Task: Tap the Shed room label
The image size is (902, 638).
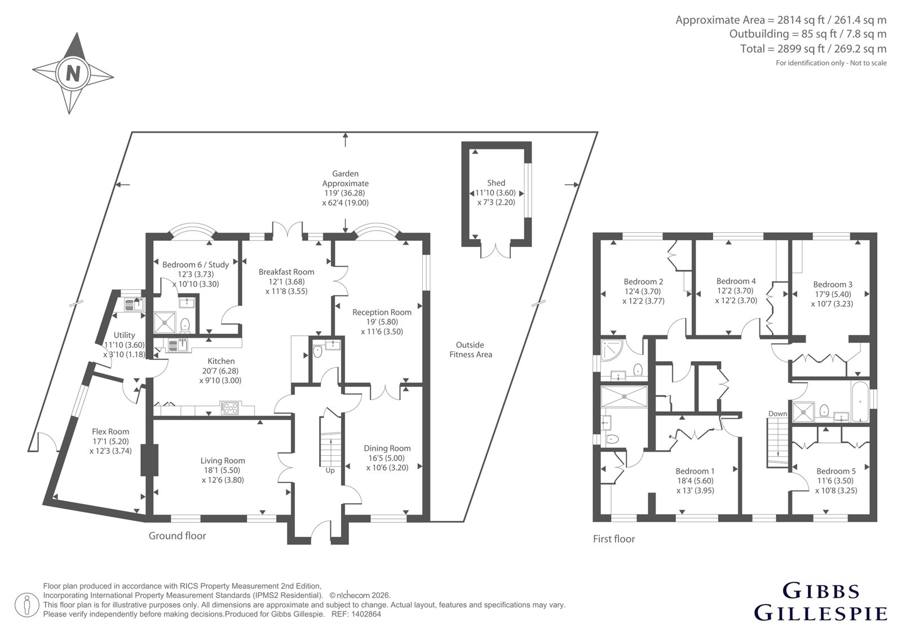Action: click(x=496, y=183)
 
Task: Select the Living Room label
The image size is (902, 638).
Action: click(x=223, y=460)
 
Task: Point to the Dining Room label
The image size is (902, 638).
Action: click(x=387, y=448)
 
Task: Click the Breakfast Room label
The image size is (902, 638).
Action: click(x=286, y=272)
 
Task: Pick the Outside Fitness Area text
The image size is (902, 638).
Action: click(x=470, y=349)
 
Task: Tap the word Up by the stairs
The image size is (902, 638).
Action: click(x=330, y=470)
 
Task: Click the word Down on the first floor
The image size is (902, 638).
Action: click(x=777, y=413)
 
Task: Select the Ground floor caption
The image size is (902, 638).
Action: click(x=177, y=536)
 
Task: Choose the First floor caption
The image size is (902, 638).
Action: click(x=614, y=539)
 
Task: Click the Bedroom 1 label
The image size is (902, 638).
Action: click(x=695, y=470)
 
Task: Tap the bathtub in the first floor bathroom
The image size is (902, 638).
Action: click(x=860, y=402)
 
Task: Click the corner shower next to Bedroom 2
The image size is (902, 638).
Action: click(x=612, y=350)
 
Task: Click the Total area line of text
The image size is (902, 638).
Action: click(x=813, y=49)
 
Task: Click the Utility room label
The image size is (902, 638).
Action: click(x=124, y=335)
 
